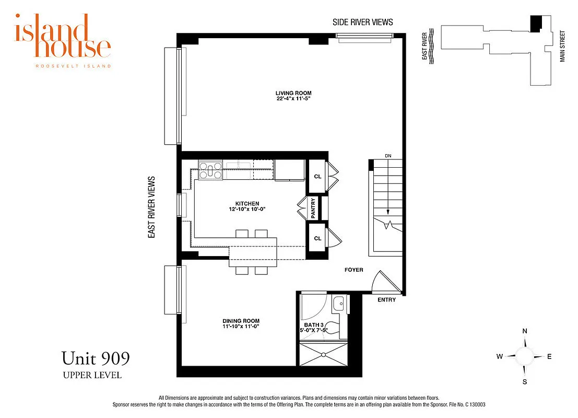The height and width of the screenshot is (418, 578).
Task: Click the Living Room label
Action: [294, 93]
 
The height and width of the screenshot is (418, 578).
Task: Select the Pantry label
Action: [313, 208]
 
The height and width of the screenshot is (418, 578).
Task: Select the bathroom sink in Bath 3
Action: [338, 302]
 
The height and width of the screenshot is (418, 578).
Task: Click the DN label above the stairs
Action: [388, 156]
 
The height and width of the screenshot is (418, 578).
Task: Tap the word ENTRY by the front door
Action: [387, 300]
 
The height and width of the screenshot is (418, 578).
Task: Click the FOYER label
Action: [353, 270]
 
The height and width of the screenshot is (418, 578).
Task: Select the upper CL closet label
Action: [317, 176]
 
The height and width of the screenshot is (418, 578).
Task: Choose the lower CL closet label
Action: [317, 238]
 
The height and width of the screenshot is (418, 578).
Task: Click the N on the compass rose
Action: [525, 331]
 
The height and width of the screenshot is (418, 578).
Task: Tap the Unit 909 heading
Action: [96, 358]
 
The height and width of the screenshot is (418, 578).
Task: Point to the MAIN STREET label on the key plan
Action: [563, 47]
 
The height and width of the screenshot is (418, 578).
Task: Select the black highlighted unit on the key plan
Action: [536, 22]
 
